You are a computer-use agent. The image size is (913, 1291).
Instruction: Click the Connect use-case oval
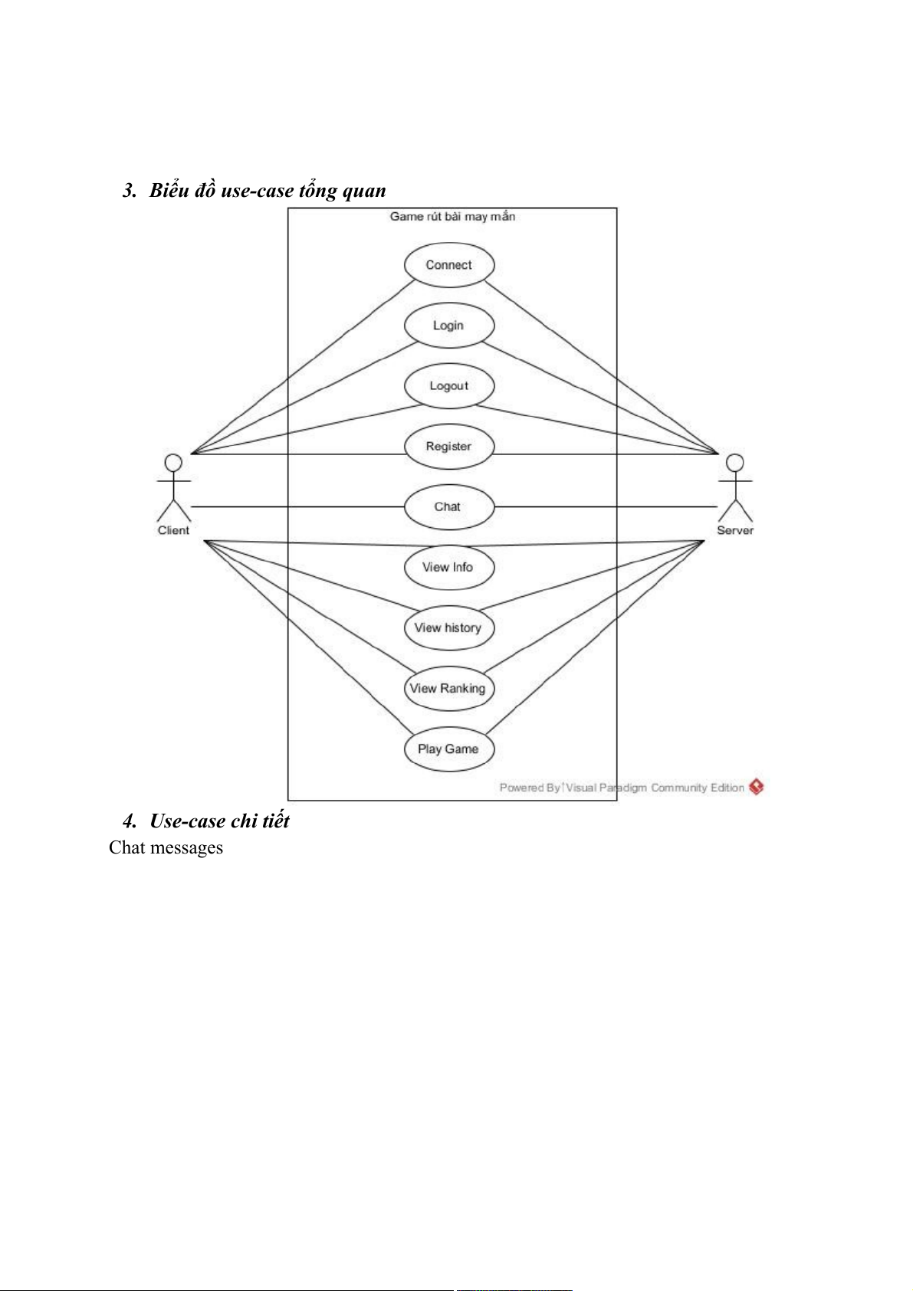(x=449, y=265)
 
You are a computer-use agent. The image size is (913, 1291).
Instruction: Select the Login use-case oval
(x=449, y=326)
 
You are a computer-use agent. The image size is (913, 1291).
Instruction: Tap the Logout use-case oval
(x=449, y=386)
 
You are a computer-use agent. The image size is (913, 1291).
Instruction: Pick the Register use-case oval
(x=449, y=447)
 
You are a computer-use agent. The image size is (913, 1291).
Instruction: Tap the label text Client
(x=173, y=531)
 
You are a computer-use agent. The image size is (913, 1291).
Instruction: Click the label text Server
(x=735, y=531)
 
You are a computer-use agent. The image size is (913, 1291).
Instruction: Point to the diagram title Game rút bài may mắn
(x=452, y=217)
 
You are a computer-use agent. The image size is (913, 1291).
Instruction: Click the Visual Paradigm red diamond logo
(x=757, y=787)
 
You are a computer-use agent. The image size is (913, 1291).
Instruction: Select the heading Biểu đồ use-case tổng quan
(x=268, y=191)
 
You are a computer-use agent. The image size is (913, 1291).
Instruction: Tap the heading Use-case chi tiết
(x=219, y=821)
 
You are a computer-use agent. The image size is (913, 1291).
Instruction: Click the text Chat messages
(x=166, y=848)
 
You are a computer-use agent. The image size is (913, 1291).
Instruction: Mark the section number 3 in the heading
(x=128, y=191)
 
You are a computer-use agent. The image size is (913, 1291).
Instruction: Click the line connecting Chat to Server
(x=606, y=507)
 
